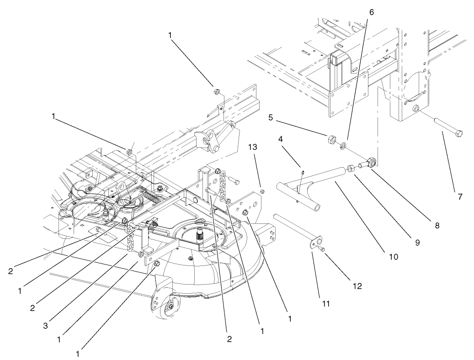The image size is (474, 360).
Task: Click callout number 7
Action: [460, 197]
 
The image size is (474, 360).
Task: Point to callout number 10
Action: [392, 256]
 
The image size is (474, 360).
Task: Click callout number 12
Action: [357, 286]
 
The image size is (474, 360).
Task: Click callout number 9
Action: [417, 243]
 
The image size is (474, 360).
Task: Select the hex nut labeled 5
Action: [330, 139]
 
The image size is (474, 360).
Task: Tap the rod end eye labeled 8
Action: [371, 162]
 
